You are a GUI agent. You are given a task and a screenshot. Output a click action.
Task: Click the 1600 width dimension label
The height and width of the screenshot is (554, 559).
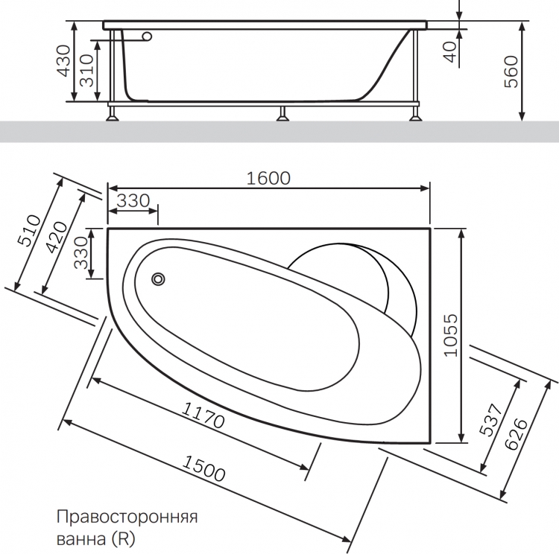268,178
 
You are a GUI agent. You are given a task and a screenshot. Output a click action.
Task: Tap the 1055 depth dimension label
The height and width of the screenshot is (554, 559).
451,335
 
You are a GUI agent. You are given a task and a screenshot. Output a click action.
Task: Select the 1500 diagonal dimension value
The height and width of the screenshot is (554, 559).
203,468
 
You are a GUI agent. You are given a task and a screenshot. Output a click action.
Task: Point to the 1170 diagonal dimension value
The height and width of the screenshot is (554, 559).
203,415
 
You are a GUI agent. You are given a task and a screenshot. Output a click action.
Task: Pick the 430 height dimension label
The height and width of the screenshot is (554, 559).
64,60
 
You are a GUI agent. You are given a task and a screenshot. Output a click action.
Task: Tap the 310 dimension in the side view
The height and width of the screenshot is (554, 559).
86,71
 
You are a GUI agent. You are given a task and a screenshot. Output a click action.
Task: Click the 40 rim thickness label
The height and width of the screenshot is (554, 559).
451,52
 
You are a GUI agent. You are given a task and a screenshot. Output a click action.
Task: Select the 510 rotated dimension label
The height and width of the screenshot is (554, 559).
30,231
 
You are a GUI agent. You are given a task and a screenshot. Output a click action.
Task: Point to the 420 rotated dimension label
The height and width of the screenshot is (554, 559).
57,238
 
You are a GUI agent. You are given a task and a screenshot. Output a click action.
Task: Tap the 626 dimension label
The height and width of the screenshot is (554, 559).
516,434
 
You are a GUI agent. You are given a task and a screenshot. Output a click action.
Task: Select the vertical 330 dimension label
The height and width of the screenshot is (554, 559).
81,252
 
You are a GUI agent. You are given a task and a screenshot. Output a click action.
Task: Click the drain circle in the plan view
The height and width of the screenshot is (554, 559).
158,279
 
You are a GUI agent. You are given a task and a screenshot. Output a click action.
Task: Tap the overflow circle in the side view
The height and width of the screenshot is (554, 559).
147,36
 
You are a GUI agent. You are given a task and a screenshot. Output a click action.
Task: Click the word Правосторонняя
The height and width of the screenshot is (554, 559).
127,517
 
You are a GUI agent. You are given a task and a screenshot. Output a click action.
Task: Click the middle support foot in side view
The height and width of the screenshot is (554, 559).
282,114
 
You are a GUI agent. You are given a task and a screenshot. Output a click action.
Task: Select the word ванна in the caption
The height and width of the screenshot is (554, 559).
81,539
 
